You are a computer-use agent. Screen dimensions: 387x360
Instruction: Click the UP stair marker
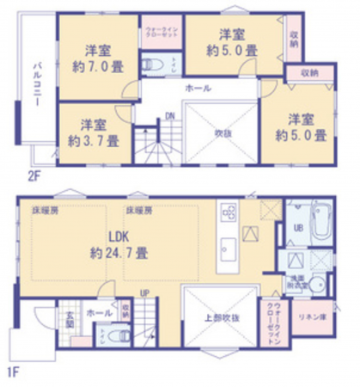tap(146, 294)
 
